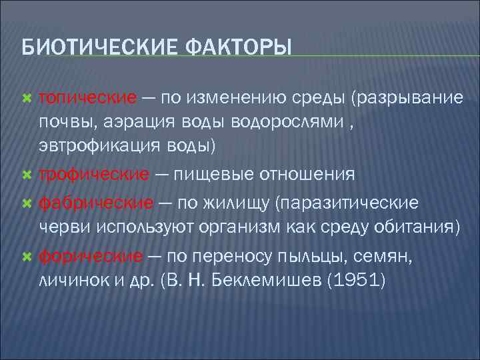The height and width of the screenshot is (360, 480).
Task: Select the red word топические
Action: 87,98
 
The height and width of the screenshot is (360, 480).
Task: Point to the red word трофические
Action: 93,174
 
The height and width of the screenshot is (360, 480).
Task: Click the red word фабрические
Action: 96,201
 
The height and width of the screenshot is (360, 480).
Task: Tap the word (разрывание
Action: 407,98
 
